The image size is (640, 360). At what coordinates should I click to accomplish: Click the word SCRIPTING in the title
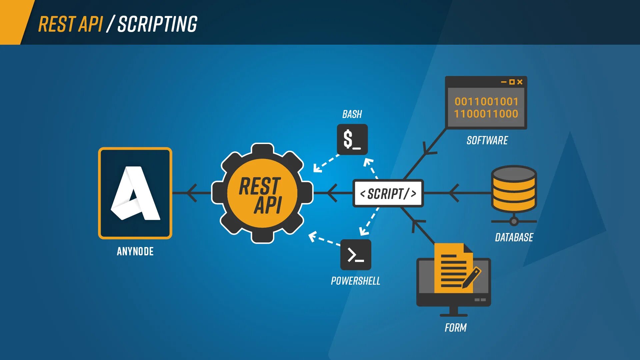click(157, 24)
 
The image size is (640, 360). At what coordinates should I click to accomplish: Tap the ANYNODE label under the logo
click(135, 251)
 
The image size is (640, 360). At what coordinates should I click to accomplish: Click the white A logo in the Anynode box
click(135, 193)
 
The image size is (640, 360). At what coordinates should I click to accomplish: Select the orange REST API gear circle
click(262, 193)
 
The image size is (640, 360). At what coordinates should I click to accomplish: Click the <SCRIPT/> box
click(388, 193)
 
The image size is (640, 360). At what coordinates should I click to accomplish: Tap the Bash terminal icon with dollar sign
click(352, 139)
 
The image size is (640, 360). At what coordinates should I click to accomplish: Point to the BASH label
click(352, 114)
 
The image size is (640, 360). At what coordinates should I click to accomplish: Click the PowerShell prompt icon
click(355, 255)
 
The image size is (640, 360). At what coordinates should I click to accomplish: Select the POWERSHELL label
click(355, 281)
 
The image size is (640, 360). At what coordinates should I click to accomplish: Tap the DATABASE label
click(514, 237)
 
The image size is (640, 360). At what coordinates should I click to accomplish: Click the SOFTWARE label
click(487, 140)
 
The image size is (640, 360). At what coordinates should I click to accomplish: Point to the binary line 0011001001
click(486, 101)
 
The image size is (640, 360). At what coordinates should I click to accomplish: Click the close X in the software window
click(520, 82)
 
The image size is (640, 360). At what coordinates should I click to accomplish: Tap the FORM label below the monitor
click(455, 328)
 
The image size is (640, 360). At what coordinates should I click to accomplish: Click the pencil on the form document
click(472, 277)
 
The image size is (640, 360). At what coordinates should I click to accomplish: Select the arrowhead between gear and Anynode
click(192, 193)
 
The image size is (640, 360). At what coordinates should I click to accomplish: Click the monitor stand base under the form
click(453, 315)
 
